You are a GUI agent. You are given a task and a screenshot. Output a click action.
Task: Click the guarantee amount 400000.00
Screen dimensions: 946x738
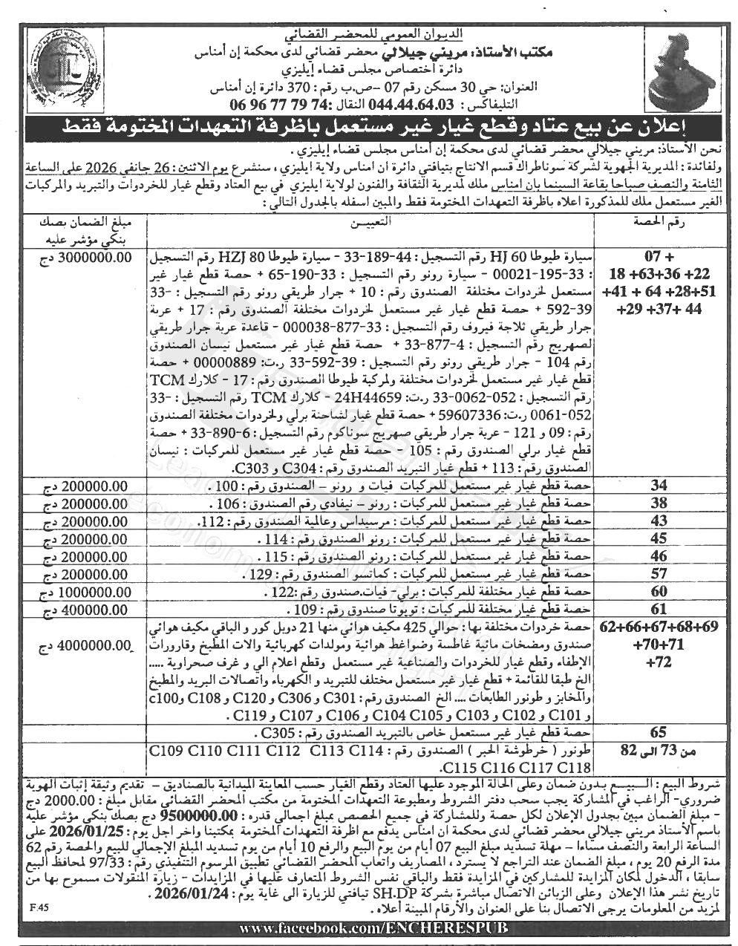[x=82, y=608]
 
